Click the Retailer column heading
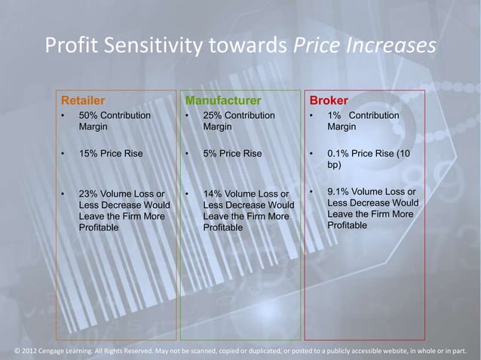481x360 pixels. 83,100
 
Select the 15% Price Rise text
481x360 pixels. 111,154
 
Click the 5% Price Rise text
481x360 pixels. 232,154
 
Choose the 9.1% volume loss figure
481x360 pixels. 340,193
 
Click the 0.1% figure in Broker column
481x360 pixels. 340,154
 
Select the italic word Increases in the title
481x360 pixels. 391,47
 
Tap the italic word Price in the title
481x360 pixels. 317,47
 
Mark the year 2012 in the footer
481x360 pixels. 32,350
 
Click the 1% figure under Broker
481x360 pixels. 334,115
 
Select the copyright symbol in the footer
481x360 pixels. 18,350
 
